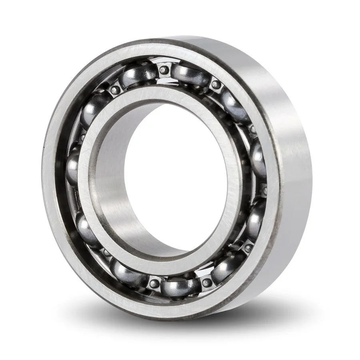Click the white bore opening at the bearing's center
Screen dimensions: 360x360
tap(176, 180)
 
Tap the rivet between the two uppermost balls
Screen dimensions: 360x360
tap(164, 70)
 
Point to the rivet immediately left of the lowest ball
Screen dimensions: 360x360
tap(154, 284)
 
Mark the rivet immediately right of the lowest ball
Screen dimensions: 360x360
tap(207, 282)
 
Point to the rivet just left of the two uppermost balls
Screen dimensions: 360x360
tap(115, 90)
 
